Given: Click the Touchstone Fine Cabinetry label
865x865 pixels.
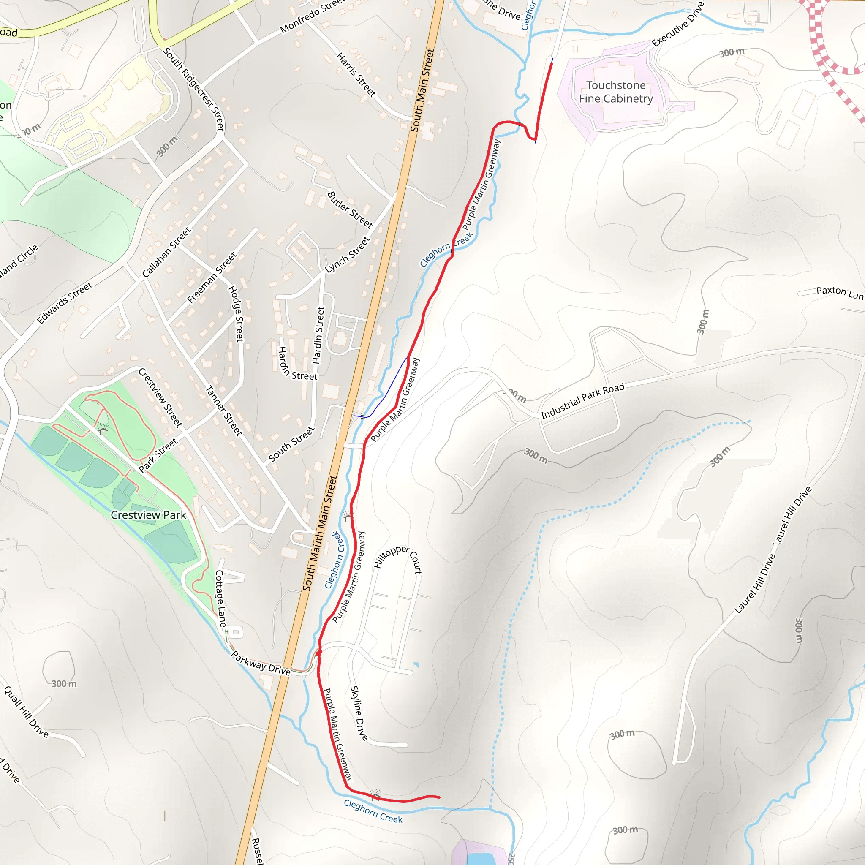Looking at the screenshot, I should point(616,92).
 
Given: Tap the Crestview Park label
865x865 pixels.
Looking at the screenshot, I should point(148,515).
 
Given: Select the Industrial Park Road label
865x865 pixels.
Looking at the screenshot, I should point(582,401).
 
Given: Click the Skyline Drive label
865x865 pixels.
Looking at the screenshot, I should point(359,713).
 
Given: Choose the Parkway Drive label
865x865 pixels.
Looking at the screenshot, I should point(261,663).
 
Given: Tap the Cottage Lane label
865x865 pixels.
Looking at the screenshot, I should point(220,598).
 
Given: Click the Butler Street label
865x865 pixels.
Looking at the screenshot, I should point(350,209).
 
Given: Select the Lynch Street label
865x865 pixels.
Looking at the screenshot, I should point(347,255).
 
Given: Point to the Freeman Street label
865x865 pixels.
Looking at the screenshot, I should point(211,277).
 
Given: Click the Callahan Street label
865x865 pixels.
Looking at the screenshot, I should point(166,252).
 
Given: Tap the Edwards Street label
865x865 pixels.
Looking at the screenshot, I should point(65,303).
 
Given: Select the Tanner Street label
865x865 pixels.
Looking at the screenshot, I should point(223,411).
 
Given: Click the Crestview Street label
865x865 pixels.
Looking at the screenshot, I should point(160,397).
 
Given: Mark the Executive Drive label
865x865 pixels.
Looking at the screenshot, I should point(678,24).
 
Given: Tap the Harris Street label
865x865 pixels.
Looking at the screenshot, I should point(356,75).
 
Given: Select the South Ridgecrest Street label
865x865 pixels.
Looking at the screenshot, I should point(193,89).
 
